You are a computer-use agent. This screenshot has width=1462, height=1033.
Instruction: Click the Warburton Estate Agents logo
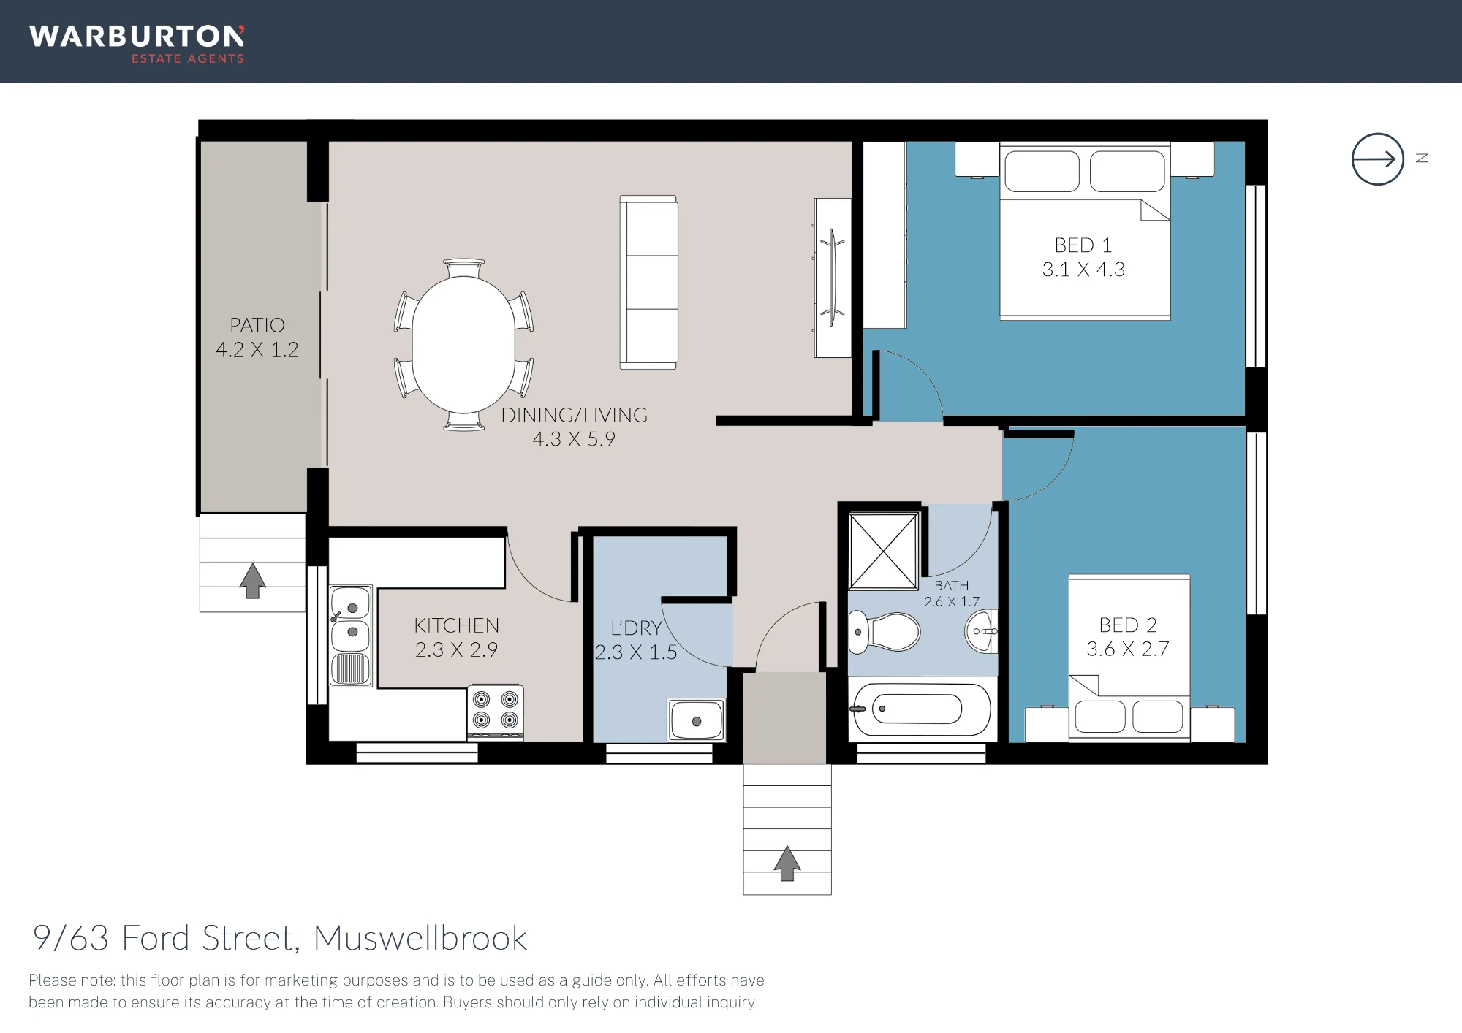point(137,45)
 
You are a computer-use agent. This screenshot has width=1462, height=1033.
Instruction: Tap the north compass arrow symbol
point(1377,159)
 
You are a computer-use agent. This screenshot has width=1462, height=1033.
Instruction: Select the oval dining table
point(463,345)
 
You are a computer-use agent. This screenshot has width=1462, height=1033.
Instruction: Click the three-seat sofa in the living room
point(648,282)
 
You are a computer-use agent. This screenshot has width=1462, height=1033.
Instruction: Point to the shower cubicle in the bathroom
point(883,551)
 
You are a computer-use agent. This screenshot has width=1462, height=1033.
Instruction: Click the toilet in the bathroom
point(884,632)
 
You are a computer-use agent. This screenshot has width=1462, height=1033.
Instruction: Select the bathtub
point(921,709)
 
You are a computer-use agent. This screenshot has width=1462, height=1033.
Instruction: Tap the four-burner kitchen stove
point(496,712)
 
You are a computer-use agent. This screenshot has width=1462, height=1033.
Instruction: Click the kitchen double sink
point(351,636)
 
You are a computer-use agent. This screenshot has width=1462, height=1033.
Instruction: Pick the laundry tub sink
point(696,720)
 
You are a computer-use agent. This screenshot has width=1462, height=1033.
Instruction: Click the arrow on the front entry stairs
point(787,864)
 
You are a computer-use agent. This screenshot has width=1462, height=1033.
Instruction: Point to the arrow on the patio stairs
point(252,581)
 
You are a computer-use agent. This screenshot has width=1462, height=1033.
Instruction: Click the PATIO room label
point(257,325)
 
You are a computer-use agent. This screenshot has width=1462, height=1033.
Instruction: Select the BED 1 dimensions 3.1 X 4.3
point(1083,270)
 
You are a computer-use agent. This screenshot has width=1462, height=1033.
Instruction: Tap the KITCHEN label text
point(457,625)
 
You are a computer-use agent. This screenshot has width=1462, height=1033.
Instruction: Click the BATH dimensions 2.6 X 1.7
point(952,602)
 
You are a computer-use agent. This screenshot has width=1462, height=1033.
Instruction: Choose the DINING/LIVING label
point(575,415)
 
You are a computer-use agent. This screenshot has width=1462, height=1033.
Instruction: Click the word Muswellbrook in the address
point(420,938)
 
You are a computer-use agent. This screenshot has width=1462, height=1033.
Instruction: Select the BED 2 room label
point(1128,625)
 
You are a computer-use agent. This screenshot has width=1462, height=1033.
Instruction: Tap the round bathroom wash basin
point(981,631)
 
